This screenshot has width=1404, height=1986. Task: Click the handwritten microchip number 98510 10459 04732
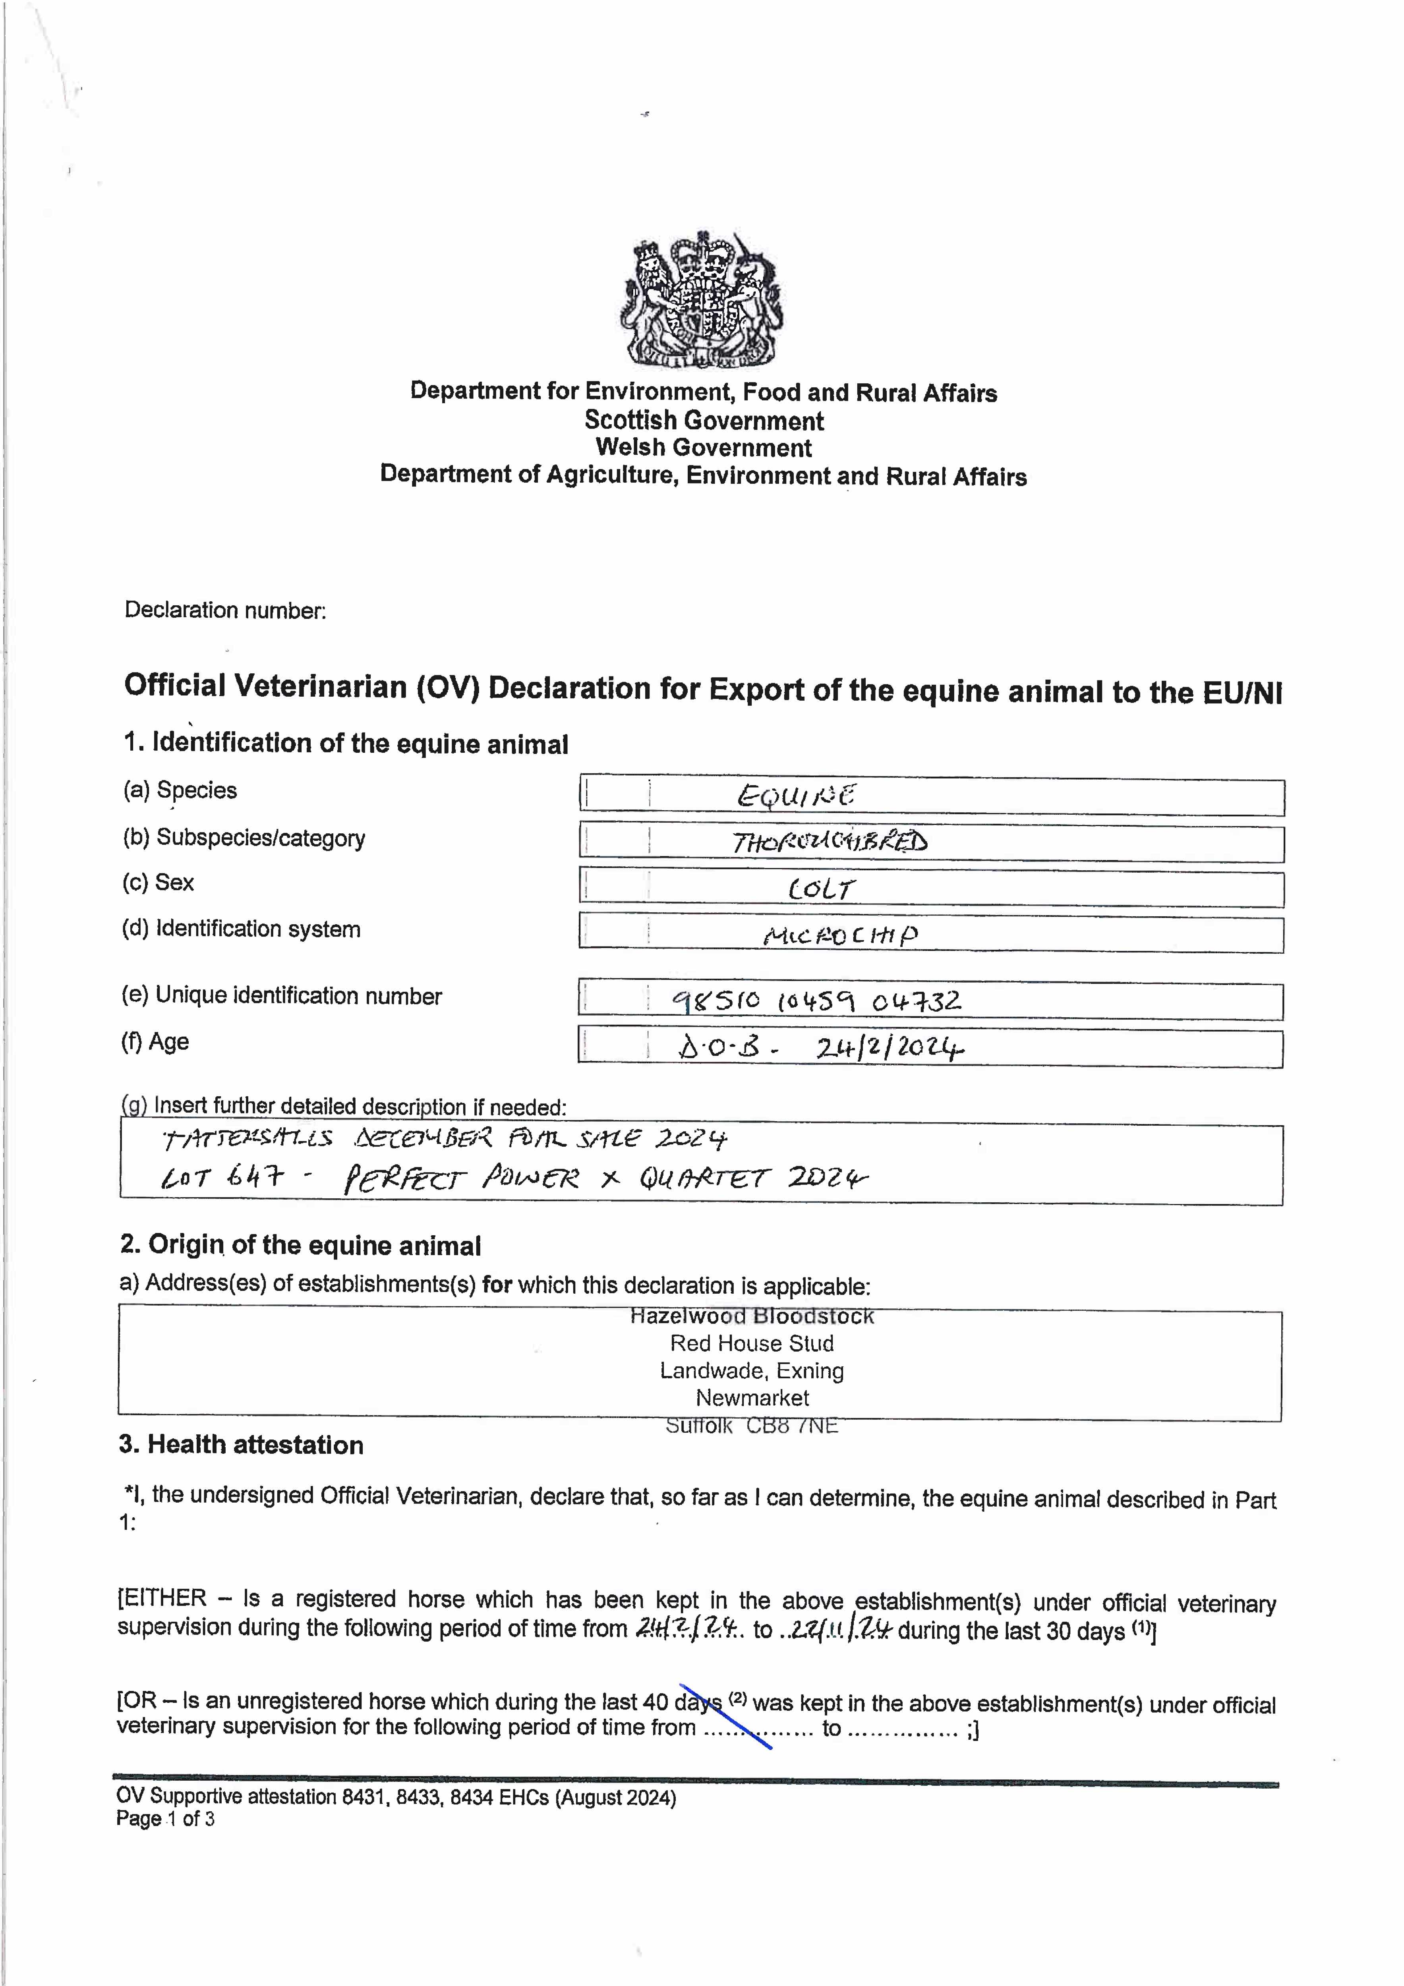pyautogui.click(x=817, y=1002)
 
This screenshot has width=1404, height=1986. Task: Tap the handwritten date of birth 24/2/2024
pyautogui.click(x=889, y=1048)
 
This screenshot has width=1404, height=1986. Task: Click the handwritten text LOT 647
pyautogui.click(x=221, y=1177)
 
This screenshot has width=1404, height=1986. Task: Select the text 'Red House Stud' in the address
pyautogui.click(x=752, y=1343)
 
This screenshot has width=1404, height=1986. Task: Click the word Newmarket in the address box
pyautogui.click(x=752, y=1398)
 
